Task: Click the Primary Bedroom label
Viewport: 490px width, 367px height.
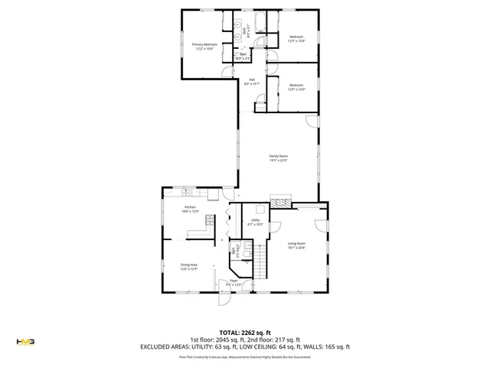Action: click(204, 47)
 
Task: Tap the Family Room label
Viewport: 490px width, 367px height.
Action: click(278, 158)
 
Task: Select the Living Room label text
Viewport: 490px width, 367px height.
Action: click(296, 245)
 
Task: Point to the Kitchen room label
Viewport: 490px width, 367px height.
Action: click(190, 209)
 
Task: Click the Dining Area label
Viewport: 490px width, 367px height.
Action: click(189, 266)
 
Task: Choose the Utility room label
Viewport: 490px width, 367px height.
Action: click(256, 222)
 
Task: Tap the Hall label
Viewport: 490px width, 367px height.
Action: click(252, 82)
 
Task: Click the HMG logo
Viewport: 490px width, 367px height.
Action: click(25, 341)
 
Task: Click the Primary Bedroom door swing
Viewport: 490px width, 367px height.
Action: click(226, 71)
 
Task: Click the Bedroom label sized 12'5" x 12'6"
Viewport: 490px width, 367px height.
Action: click(296, 39)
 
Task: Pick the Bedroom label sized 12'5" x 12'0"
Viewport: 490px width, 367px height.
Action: click(296, 89)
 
